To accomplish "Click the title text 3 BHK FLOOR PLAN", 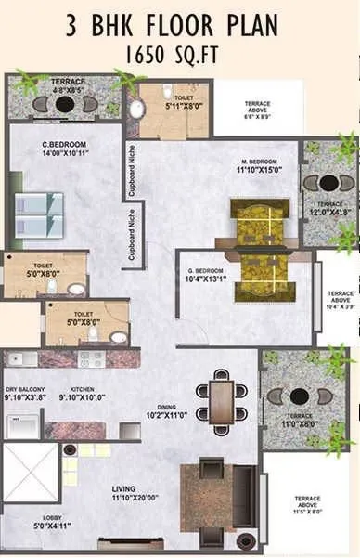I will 179,25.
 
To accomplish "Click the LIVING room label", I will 124,488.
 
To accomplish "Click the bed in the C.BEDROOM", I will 38,214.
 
